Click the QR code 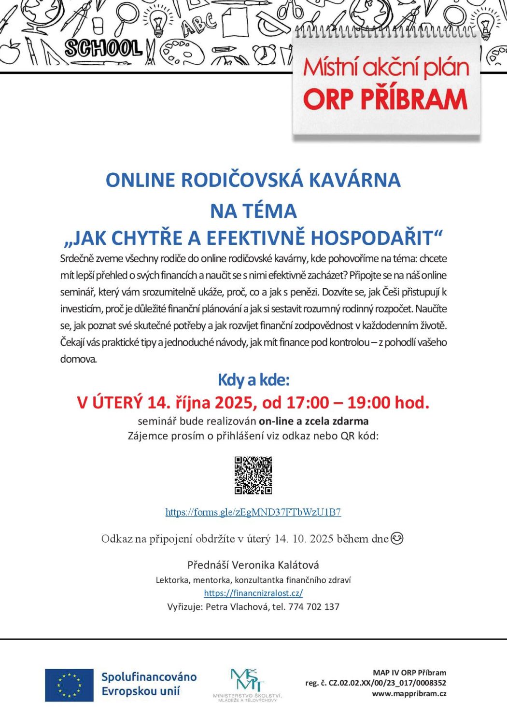coord(253,475)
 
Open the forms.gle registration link coord(253,512)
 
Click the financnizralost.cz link coord(253,593)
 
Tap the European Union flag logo coord(69,685)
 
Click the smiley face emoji coord(396,538)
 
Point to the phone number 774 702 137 coord(313,606)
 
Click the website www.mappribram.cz coord(408,693)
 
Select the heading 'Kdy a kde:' coord(253,380)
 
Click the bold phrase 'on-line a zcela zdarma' coord(313,421)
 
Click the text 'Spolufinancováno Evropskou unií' coord(149,684)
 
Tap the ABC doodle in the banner coord(198,24)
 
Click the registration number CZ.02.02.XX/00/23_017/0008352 coord(387,683)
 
